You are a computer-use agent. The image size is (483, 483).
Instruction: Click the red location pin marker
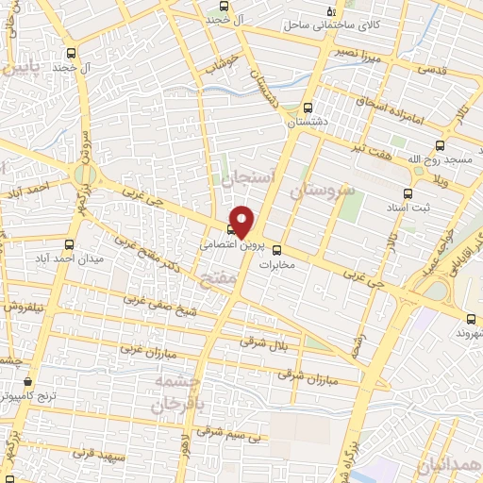click(x=242, y=221)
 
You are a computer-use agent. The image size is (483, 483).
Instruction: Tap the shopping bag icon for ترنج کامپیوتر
click(x=27, y=382)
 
